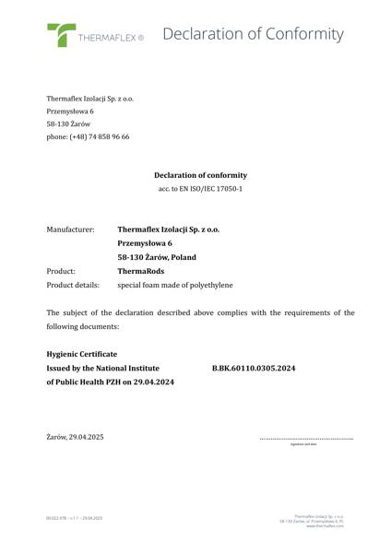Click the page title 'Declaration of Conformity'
point(253,34)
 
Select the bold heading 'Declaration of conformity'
point(200,175)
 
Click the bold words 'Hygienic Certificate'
point(81,353)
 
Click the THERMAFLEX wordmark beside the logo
point(110,40)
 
